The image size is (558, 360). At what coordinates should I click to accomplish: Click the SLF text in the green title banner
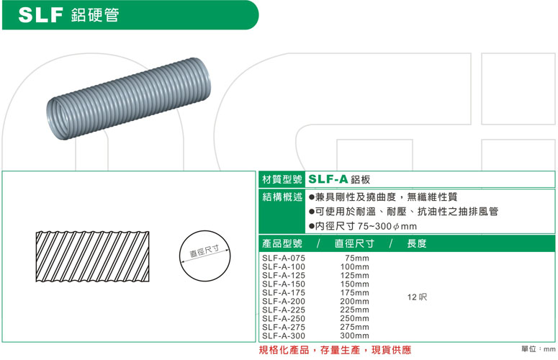pos(40,15)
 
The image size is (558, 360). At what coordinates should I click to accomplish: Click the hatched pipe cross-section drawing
pos(92,256)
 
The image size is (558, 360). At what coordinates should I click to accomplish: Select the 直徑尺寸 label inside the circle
pos(204,251)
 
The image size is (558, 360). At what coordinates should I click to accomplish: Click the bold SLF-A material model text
pos(328,179)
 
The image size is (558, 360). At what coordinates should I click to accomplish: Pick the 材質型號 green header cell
pos(282,179)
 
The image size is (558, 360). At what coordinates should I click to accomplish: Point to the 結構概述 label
pos(282,197)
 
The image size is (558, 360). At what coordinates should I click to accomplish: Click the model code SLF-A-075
pos(284,258)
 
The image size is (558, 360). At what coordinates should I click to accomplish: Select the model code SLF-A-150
pos(284,284)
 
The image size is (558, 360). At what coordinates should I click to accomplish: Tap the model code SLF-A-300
pos(284,336)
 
